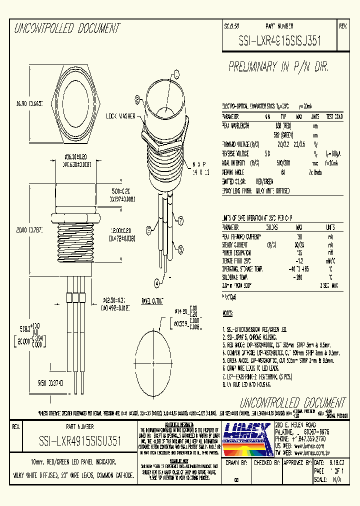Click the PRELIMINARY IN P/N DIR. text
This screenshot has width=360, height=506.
pyautogui.click(x=281, y=66)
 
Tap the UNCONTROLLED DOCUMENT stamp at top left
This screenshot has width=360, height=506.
pyautogui.click(x=66, y=28)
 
